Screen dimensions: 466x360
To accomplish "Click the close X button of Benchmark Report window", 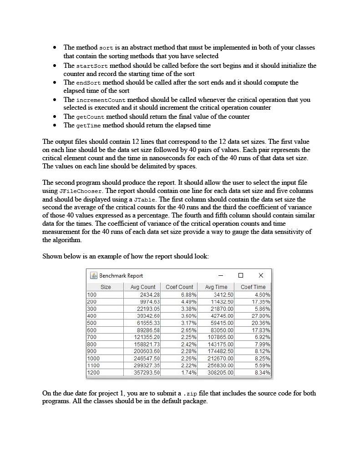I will (x=260, y=275).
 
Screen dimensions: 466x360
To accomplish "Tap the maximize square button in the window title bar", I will (x=241, y=275).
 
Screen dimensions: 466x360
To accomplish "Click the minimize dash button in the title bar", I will (x=221, y=275).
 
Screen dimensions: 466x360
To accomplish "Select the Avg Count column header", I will (x=142, y=287).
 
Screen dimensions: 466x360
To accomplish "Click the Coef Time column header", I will (x=253, y=287).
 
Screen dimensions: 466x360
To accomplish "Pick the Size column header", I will (x=105, y=287).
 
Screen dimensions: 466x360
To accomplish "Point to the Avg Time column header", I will (x=216, y=287).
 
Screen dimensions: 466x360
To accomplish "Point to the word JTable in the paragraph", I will (x=144, y=199).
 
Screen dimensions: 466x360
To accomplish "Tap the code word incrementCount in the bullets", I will (x=101, y=100).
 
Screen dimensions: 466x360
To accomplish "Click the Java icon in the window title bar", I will (x=94, y=275).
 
